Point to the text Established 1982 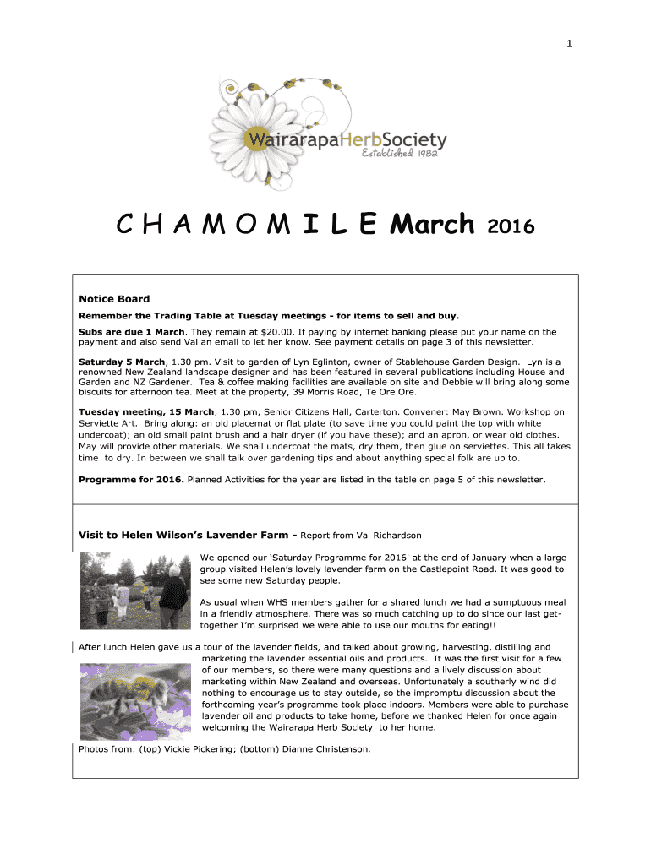point(401,155)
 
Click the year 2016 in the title point(511,226)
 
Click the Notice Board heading point(114,298)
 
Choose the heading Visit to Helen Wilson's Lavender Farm point(184,535)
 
